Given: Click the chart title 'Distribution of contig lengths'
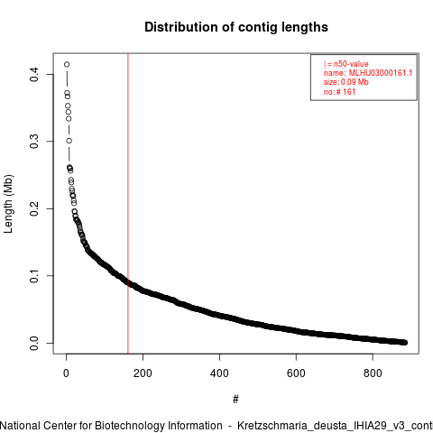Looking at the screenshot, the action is click(x=236, y=27).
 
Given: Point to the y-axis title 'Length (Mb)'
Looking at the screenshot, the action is click(x=8, y=204).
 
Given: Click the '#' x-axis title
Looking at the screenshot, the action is click(x=235, y=400).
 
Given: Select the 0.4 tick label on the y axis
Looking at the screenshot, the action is click(x=34, y=74).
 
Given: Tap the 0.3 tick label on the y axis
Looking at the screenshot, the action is click(x=34, y=142).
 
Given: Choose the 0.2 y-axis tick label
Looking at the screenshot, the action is click(x=34, y=208).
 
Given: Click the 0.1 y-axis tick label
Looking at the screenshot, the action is click(x=34, y=276).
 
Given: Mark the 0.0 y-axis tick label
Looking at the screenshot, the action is click(x=34, y=343).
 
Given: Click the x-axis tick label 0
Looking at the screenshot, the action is click(x=66, y=373).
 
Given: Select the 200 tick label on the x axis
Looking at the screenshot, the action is click(x=143, y=373).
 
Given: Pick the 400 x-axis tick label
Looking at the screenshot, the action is click(x=219, y=373).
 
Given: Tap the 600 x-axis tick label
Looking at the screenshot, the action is click(x=296, y=373).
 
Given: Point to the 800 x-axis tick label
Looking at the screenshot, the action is click(x=373, y=373).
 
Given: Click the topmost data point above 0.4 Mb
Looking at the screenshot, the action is click(x=67, y=64).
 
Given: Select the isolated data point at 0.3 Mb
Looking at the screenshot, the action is click(x=69, y=141).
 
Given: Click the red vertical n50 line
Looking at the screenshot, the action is click(x=128, y=203).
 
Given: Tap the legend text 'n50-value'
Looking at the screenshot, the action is click(x=351, y=64).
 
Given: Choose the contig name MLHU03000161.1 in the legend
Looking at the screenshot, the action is click(x=381, y=73).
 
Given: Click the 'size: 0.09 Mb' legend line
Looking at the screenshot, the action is click(x=346, y=82).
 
